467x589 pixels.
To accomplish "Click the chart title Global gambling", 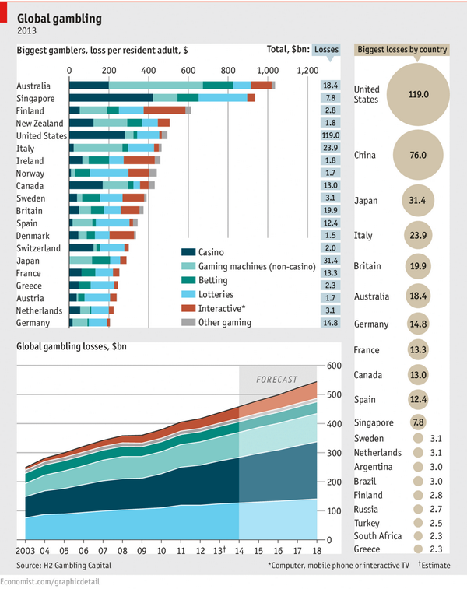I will (59, 16).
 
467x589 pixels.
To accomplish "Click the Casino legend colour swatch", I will (187, 252).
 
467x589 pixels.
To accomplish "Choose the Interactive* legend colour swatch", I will (187, 308).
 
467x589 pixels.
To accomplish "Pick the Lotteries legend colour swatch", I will (187, 294).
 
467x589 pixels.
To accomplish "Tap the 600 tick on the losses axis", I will (335, 366).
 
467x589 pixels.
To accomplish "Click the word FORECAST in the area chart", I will (277, 379).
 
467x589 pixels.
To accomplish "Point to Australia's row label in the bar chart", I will (33, 86).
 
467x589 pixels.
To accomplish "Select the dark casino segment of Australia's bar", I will (90, 86).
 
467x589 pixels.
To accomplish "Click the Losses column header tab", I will (326, 50).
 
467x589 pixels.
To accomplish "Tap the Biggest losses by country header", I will (402, 50).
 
